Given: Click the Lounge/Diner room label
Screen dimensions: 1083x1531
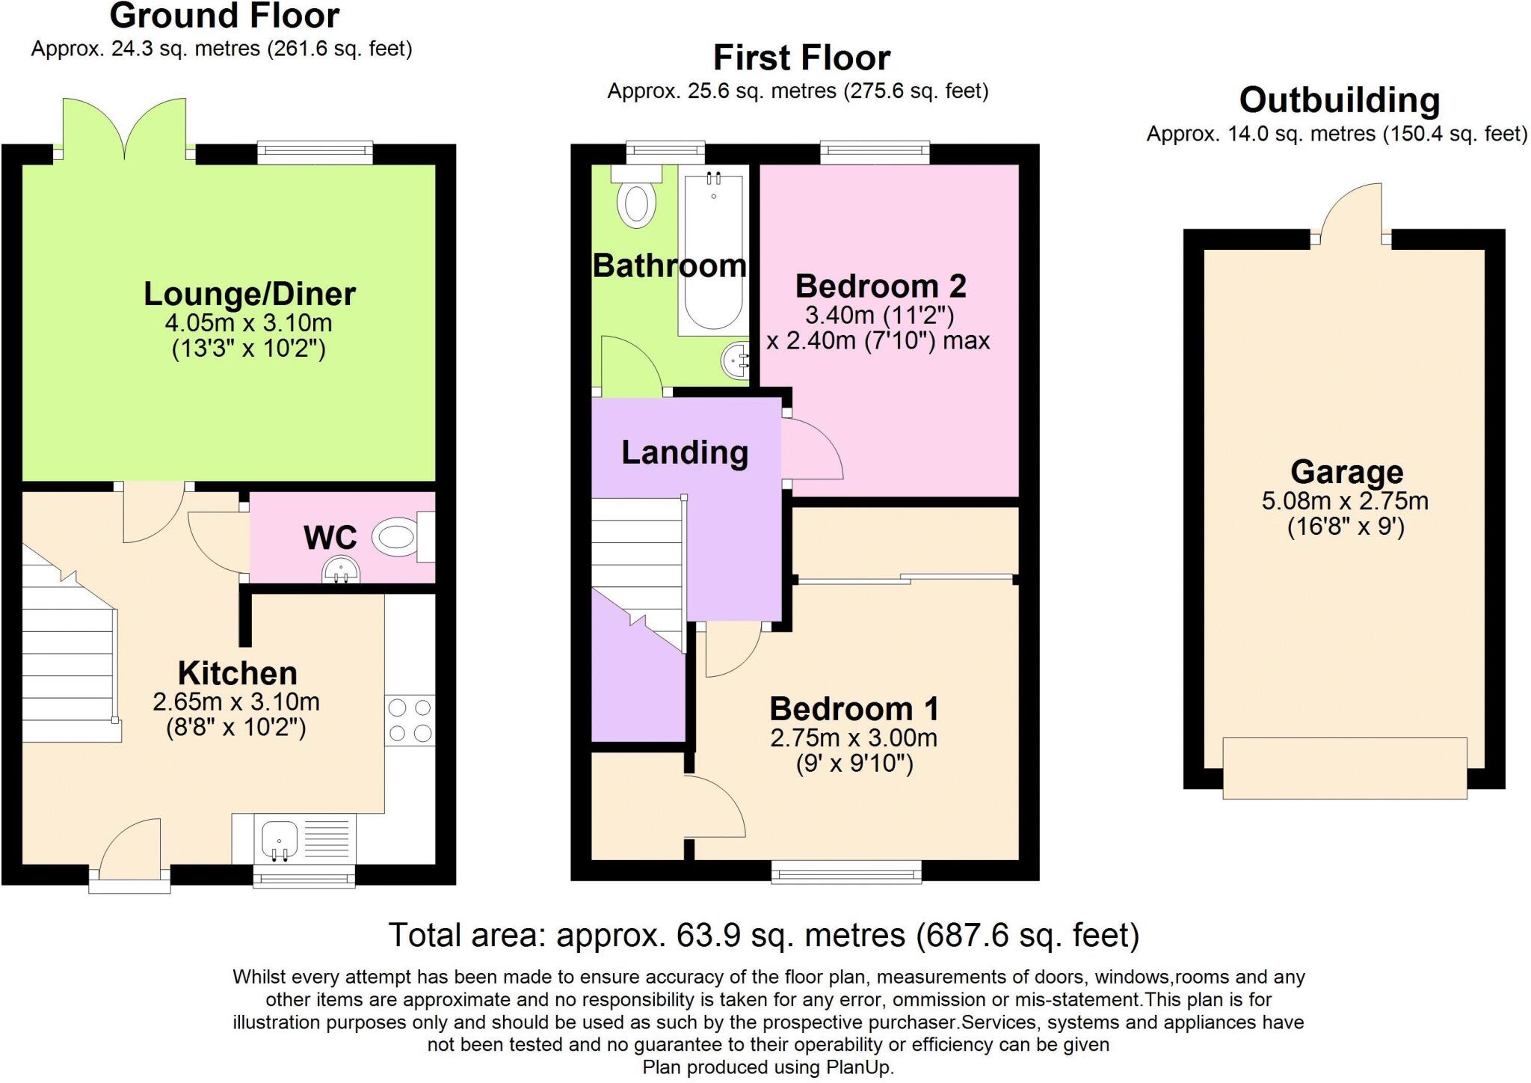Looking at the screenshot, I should coord(249,294).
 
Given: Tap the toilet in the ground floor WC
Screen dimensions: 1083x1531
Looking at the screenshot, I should coord(395,537).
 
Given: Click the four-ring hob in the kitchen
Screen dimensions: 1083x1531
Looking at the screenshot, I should coord(410,720).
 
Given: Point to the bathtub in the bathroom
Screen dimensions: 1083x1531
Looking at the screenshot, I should coord(713,251).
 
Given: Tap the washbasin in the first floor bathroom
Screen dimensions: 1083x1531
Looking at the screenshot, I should coord(736,362).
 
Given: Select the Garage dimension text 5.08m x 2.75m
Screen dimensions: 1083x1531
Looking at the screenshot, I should coord(1345,500).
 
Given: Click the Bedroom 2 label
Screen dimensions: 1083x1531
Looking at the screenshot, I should coord(880,286).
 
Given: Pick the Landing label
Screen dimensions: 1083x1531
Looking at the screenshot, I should coord(685,452).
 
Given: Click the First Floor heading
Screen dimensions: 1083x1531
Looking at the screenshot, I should coord(801,58).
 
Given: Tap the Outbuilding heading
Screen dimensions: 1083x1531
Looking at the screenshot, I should coord(1339,100).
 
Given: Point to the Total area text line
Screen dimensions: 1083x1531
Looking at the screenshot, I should coord(764,935).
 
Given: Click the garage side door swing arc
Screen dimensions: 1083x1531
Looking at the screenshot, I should coord(1350,210).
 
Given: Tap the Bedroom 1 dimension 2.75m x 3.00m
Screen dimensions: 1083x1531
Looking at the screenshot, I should coord(854,738).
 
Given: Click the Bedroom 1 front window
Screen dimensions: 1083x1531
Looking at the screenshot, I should coord(846,871).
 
